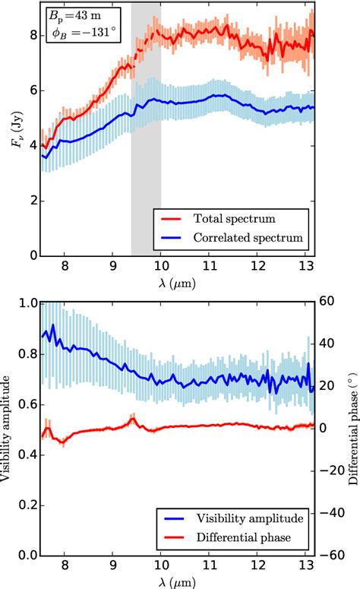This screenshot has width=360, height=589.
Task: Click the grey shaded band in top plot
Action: click(x=146, y=152)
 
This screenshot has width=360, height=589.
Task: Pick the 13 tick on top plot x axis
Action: click(x=308, y=267)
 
